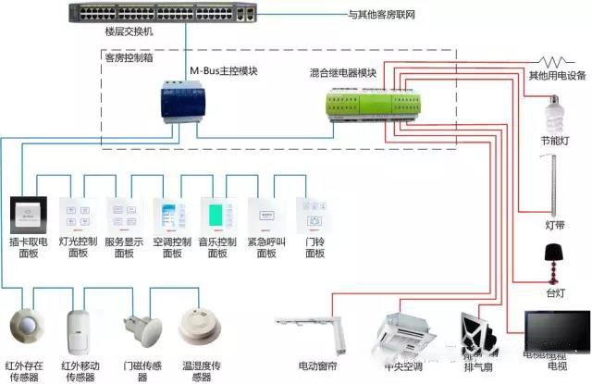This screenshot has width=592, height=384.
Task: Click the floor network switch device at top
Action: coord(163,15)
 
